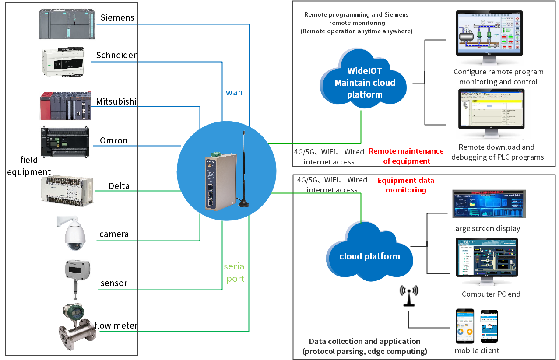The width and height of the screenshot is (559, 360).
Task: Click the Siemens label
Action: coord(117,18)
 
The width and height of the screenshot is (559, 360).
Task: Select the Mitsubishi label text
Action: coord(116,101)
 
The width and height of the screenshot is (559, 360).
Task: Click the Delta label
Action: coord(119,186)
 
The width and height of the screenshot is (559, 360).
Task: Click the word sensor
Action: coord(114,283)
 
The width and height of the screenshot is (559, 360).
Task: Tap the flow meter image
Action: coord(78,326)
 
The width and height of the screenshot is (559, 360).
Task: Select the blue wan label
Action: coord(234,93)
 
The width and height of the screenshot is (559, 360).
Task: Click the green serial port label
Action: coord(236,272)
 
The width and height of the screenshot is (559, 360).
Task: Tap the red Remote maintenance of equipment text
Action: coord(406,156)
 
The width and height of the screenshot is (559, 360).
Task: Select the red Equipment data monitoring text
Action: coord(406,185)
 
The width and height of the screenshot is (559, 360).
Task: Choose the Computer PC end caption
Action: coord(491,294)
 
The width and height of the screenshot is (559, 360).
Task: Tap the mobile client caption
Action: coord(477,350)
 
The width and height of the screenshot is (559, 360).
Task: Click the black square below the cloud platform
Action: coord(409,296)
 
